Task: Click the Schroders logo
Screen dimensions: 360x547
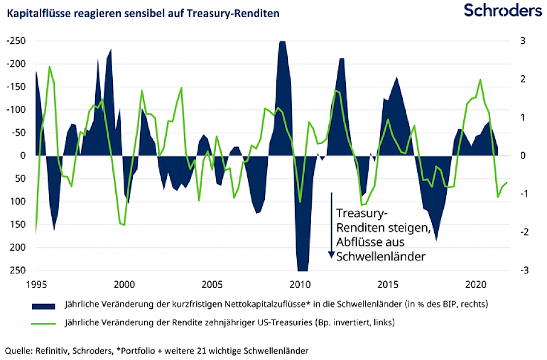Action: point(502,10)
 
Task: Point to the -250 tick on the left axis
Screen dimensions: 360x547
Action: point(16,41)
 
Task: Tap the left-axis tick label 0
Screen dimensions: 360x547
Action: point(23,156)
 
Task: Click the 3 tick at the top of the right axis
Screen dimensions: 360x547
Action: point(519,41)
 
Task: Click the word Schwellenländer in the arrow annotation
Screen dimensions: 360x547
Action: point(381,257)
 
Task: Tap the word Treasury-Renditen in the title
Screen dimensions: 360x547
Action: point(246,13)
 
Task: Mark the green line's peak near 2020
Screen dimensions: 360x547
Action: point(480,80)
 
